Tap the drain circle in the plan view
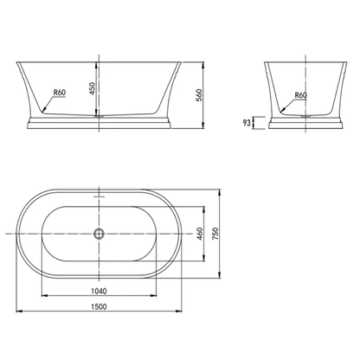click(100, 233)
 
